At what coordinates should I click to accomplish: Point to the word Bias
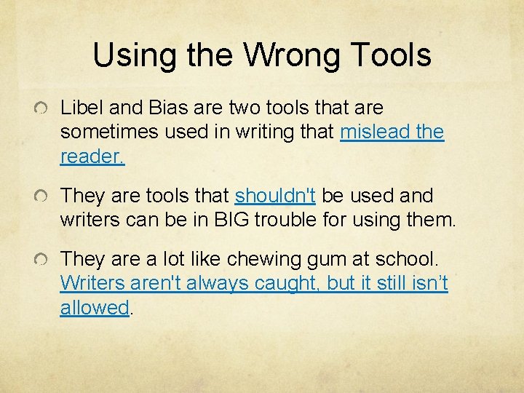click(169, 108)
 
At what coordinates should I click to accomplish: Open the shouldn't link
click(275, 196)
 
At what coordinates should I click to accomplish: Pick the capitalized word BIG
click(225, 221)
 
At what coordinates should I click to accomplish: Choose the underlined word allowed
click(95, 308)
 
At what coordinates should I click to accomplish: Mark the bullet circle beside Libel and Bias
click(45, 108)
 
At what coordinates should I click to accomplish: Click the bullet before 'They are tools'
click(45, 196)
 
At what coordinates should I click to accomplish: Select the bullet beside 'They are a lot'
click(45, 259)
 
